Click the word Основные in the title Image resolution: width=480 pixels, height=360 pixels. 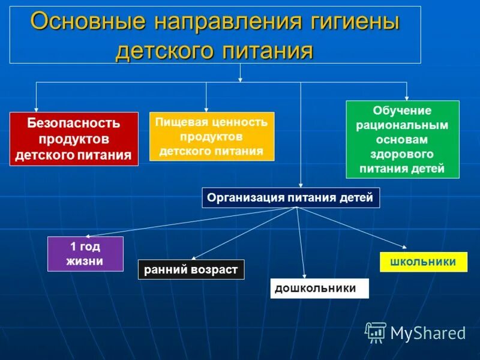[88, 22]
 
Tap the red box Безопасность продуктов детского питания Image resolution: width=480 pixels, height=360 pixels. [74, 139]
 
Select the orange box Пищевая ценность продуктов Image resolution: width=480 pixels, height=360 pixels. [211, 136]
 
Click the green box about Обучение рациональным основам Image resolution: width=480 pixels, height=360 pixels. [403, 139]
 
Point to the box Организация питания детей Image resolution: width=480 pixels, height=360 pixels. [291, 197]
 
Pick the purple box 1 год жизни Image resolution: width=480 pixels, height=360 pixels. [85, 254]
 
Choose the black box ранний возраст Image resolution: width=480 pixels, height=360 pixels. [191, 269]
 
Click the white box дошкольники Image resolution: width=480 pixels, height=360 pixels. [319, 289]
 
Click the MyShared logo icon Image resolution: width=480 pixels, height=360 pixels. [376, 332]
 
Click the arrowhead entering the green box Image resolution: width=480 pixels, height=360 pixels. [407, 98]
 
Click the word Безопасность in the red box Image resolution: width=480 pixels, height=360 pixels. [74, 124]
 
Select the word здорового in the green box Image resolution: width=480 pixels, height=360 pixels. [403, 154]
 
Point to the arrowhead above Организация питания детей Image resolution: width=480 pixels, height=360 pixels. [301, 185]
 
